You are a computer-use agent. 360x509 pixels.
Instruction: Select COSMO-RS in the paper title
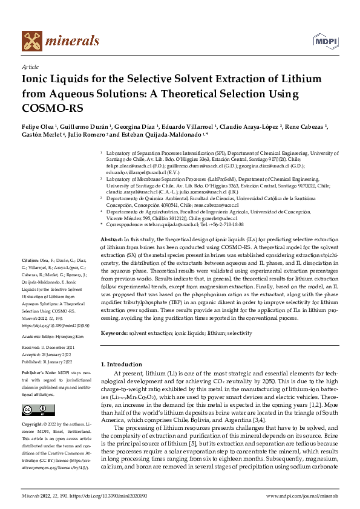[x=51, y=108]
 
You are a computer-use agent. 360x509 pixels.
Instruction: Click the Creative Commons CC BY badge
[x=34, y=410]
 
